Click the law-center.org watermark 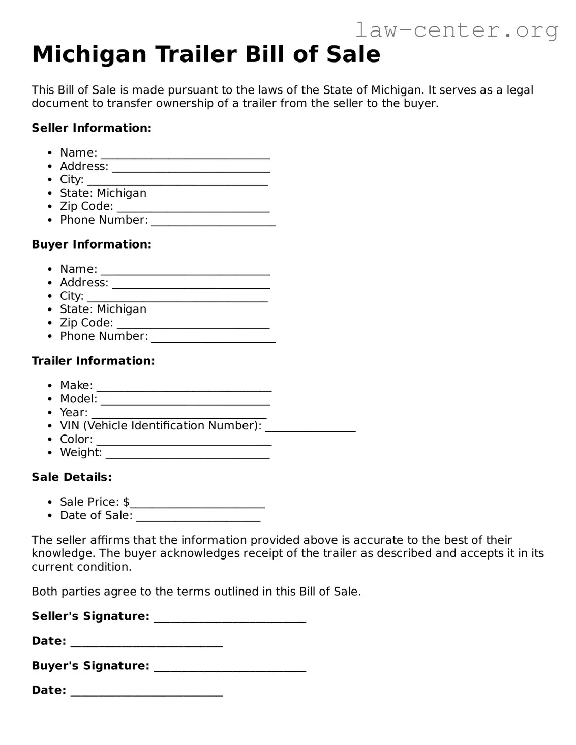[456, 30]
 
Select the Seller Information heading [92, 128]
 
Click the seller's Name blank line [185, 154]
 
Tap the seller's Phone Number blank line [214, 222]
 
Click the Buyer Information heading [92, 244]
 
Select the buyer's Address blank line [191, 284]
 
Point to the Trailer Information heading [93, 361]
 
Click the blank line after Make [184, 387]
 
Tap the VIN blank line [310, 427]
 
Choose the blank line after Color [184, 441]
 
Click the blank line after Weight [188, 454]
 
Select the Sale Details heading [72, 477]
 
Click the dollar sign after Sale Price [126, 502]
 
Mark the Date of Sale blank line [198, 517]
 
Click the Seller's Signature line [230, 618]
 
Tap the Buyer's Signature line [230, 667]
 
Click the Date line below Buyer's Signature [146, 692]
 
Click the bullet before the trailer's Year [49, 413]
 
